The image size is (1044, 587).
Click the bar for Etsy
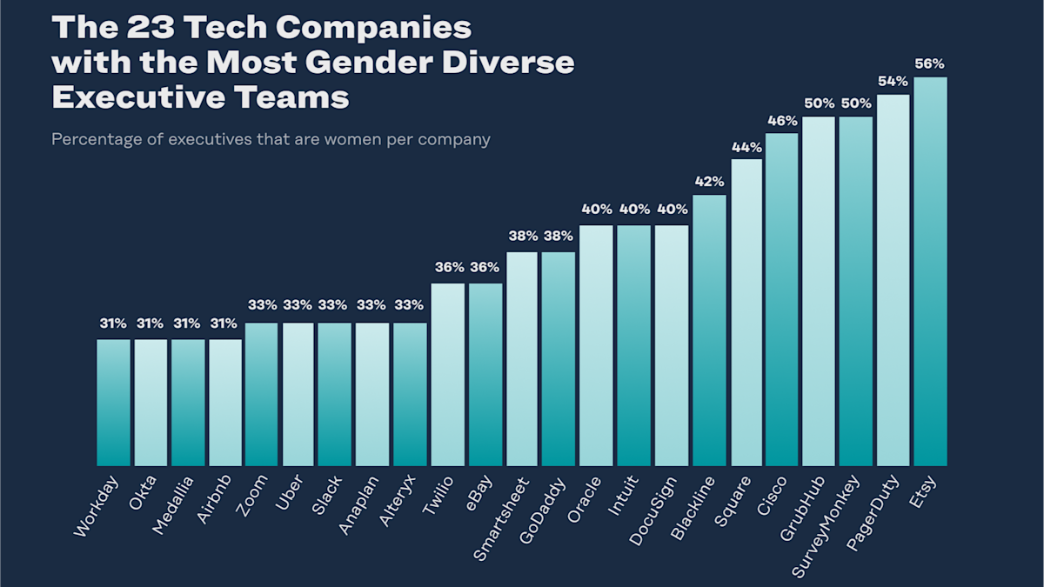pos(930,271)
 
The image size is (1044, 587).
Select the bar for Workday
pos(113,403)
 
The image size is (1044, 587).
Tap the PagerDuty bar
pos(893,280)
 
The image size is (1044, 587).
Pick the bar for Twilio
pos(447,375)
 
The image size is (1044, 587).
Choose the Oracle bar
pos(596,346)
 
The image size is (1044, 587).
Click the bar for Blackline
pos(709,330)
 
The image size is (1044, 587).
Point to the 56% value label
pos(929,63)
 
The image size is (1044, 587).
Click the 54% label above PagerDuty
pos(893,81)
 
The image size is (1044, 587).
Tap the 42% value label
pos(709,181)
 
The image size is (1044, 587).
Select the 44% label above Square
pos(746,147)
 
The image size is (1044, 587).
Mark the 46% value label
pos(782,119)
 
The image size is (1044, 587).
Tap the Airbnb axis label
pos(214,499)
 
